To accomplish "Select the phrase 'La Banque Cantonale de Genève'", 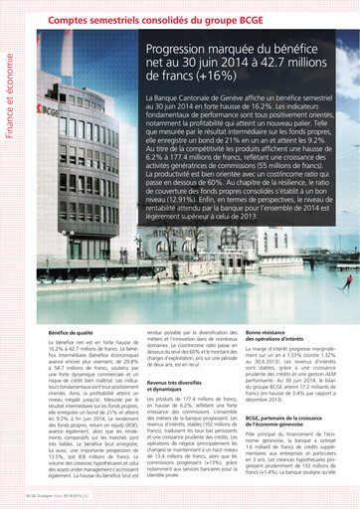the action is coord(199,101).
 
